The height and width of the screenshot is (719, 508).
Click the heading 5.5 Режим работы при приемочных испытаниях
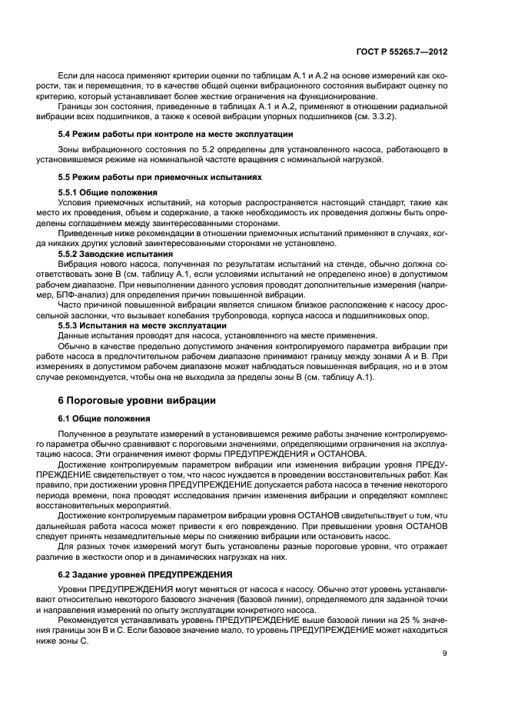(160, 177)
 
